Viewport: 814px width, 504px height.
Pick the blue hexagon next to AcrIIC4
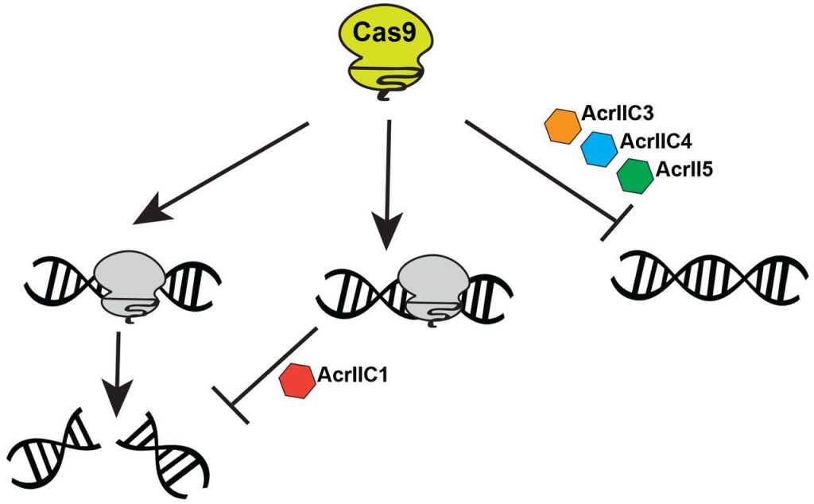pyautogui.click(x=599, y=149)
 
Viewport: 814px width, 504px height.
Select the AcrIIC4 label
pyautogui.click(x=656, y=142)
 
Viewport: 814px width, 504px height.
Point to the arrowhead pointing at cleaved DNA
pyautogui.click(x=117, y=401)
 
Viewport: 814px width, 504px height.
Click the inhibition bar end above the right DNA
pyautogui.click(x=617, y=220)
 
